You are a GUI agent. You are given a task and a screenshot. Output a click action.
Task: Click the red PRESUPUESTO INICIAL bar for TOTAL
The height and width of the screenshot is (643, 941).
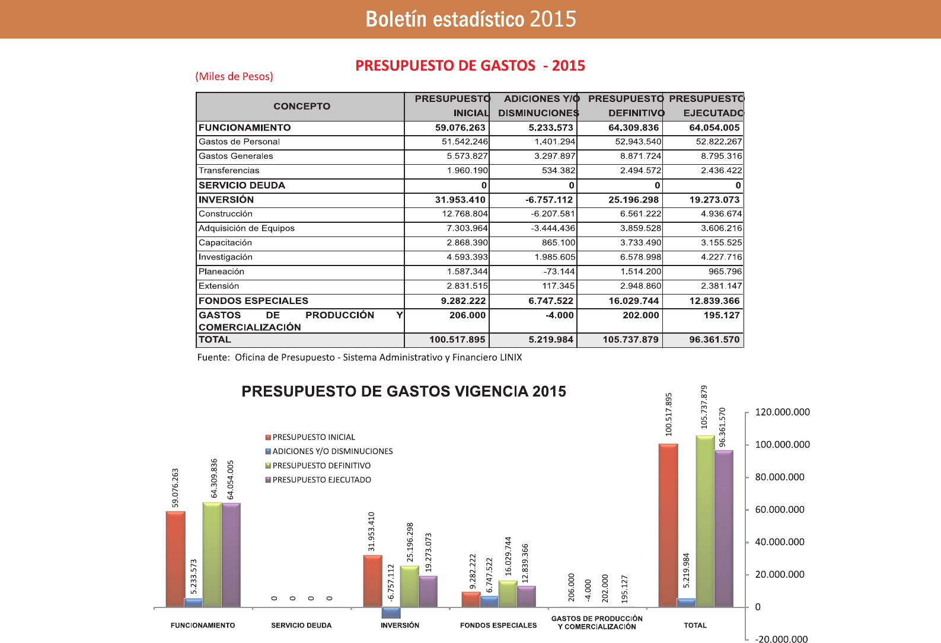pyautogui.click(x=668, y=525)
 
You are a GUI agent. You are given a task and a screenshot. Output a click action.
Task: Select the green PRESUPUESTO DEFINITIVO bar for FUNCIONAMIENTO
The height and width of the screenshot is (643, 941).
pyautogui.click(x=212, y=555)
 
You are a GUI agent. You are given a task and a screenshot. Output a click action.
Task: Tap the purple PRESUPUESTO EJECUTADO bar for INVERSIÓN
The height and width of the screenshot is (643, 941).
pyautogui.click(x=428, y=591)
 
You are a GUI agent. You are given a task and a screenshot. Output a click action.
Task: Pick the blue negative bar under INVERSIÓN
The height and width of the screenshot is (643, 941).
pyautogui.click(x=391, y=613)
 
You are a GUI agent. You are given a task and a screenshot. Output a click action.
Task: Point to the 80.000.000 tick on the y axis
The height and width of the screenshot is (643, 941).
pyautogui.click(x=779, y=477)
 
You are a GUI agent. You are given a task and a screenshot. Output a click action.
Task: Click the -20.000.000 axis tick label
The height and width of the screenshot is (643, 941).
pyautogui.click(x=781, y=639)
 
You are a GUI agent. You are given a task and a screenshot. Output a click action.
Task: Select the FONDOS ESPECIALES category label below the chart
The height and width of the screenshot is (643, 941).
pyautogui.click(x=498, y=625)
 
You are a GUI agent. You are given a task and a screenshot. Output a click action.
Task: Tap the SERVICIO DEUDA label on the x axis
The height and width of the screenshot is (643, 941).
pyautogui.click(x=301, y=625)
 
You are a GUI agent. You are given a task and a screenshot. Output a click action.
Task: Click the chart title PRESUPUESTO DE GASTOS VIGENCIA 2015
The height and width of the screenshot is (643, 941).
pyautogui.click(x=404, y=392)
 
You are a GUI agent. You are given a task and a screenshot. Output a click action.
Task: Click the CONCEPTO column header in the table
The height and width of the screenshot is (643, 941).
pyautogui.click(x=302, y=107)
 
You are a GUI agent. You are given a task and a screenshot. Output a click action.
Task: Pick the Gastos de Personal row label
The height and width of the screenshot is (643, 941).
pyautogui.click(x=239, y=142)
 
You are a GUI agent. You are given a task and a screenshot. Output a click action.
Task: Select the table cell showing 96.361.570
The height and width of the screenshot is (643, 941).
pyautogui.click(x=714, y=340)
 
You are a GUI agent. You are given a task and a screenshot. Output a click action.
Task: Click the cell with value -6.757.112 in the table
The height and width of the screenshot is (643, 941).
pyautogui.click(x=549, y=200)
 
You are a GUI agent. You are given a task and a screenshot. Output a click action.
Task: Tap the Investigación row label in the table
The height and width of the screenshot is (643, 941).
pyautogui.click(x=225, y=257)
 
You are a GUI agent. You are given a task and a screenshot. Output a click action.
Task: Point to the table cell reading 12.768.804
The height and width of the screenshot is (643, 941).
pyautogui.click(x=465, y=214)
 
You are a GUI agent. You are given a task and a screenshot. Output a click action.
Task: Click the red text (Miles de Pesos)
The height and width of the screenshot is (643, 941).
pyautogui.click(x=234, y=76)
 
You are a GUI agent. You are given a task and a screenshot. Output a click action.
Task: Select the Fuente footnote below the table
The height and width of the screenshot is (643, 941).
pyautogui.click(x=359, y=357)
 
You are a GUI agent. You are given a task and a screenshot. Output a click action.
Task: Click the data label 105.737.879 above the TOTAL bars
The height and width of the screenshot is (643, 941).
pyautogui.click(x=704, y=407)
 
